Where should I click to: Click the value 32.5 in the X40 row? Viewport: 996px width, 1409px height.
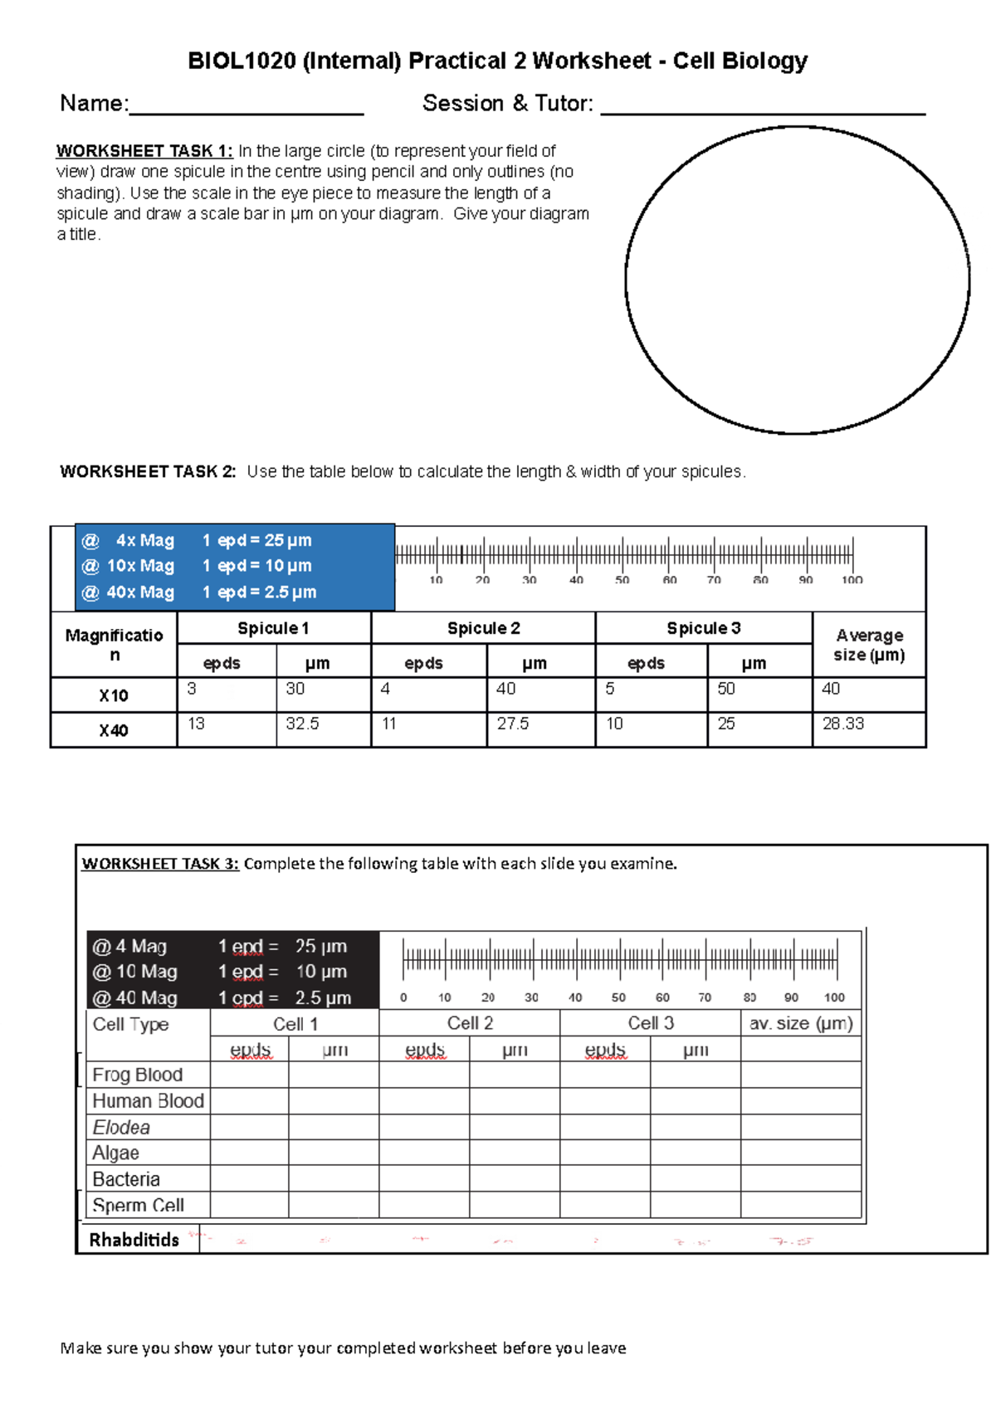pos(302,724)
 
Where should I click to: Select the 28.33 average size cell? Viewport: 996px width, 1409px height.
pos(842,724)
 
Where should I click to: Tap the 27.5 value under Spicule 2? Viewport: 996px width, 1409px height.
pos(513,724)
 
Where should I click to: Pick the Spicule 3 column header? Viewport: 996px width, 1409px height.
pos(704,628)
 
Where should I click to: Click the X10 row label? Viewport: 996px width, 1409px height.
pos(114,695)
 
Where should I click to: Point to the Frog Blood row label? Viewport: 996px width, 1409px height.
pos(138,1075)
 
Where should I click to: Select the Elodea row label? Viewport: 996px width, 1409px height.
pos(122,1127)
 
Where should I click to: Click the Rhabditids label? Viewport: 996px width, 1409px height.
pos(134,1240)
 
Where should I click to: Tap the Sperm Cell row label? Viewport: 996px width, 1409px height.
pos(139,1205)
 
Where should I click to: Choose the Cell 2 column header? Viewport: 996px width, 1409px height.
pos(470,1023)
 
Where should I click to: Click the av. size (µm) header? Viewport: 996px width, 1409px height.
pos(801,1023)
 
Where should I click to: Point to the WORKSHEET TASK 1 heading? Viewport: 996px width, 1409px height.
pos(144,151)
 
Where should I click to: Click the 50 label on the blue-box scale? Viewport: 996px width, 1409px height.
pos(622,580)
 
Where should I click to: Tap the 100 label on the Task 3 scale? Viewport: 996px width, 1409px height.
pos(834,997)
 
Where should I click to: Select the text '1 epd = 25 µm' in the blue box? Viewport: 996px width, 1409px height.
pos(257,540)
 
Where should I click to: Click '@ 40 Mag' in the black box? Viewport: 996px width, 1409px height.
pos(134,997)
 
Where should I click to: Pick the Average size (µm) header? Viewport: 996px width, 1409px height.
pos(869,645)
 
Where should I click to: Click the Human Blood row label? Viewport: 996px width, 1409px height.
pos(149,1101)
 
